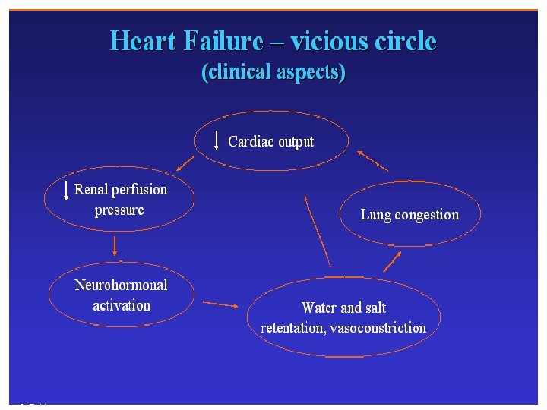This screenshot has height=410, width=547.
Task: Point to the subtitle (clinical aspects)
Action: point(273,73)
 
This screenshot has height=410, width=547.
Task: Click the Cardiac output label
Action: point(270,141)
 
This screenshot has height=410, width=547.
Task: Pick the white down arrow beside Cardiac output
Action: point(217,140)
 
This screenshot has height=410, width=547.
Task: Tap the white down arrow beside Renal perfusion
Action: point(67,190)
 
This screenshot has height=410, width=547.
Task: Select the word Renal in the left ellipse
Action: point(90,189)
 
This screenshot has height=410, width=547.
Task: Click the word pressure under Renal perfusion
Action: point(119,210)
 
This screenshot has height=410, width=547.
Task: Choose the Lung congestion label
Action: point(409,214)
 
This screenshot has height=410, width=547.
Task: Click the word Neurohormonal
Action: point(121,285)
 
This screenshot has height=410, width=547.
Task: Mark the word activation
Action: point(122,305)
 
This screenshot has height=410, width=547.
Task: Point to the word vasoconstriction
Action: point(378,328)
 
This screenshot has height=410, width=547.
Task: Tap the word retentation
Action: point(292,328)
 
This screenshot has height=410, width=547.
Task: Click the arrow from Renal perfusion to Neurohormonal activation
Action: point(115,245)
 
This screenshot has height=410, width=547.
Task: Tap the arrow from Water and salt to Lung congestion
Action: point(392,262)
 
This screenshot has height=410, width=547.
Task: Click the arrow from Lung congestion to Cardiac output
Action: point(372,161)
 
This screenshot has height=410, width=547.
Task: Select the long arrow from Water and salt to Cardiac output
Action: point(318,230)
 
